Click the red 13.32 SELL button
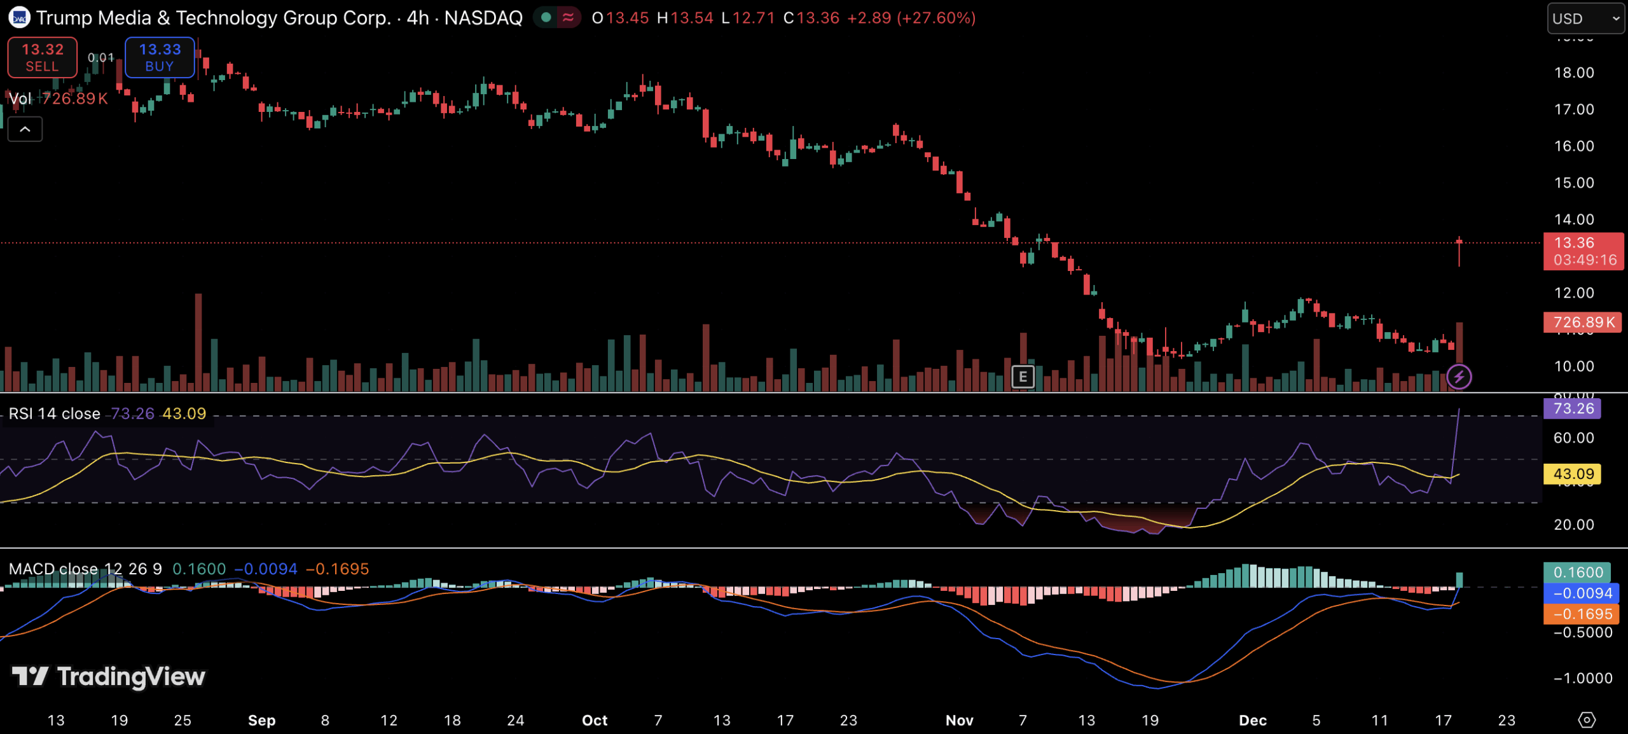(x=42, y=57)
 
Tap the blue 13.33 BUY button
(x=160, y=57)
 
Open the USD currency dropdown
(x=1585, y=18)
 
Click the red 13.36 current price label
(x=1583, y=251)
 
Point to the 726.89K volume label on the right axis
(x=1583, y=322)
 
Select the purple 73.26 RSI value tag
(x=1572, y=408)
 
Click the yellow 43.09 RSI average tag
(x=1572, y=474)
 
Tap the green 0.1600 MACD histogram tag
(x=1576, y=572)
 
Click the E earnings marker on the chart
(x=1023, y=377)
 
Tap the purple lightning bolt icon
(x=1459, y=377)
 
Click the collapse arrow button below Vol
(x=25, y=130)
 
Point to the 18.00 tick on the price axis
(x=1574, y=73)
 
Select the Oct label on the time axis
(x=595, y=721)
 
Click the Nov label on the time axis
(x=959, y=721)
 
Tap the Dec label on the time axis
(x=1252, y=721)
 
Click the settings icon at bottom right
(x=1587, y=720)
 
